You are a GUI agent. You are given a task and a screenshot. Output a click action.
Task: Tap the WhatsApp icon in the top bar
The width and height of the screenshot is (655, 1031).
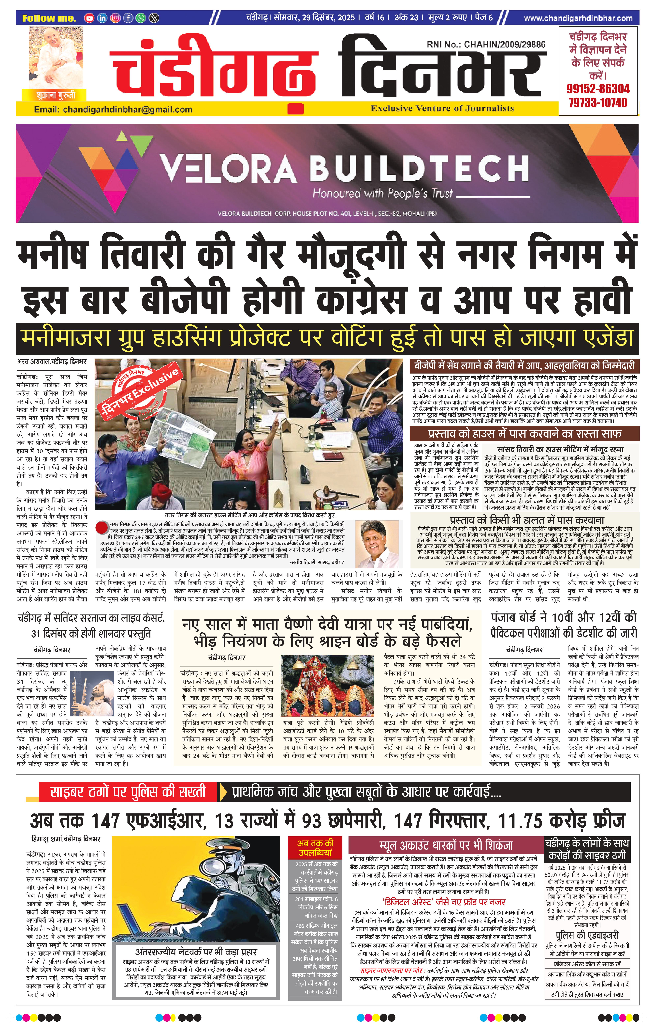point(141,18)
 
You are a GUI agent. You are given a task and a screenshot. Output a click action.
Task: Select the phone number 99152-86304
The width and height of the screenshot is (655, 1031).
point(598,89)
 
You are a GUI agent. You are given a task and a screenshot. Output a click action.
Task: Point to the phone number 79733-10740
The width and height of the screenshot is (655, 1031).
point(598,103)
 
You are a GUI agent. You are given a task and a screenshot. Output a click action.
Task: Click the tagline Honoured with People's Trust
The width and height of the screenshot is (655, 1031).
point(383,194)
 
